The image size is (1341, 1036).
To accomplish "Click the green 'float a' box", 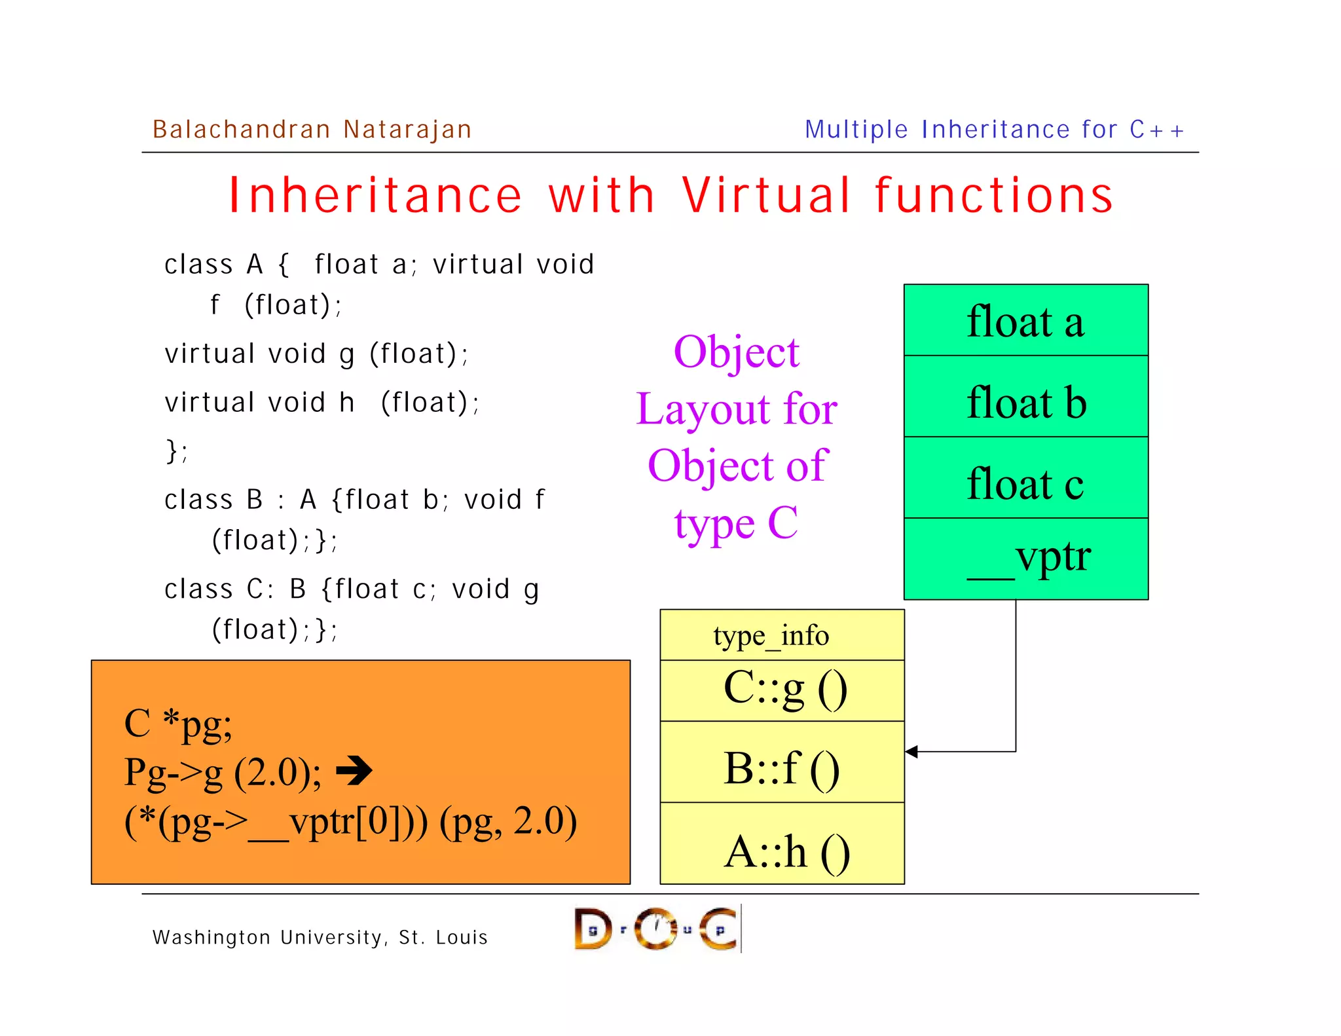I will (1025, 321).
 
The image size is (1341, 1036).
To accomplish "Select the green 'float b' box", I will (1025, 397).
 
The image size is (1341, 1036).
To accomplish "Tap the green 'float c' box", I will (1025, 478).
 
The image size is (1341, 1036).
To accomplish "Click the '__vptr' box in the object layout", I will (1025, 559).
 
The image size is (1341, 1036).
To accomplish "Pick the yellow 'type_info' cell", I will (782, 635).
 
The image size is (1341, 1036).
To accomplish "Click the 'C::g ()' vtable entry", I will (782, 690).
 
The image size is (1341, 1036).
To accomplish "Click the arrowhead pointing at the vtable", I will (912, 752).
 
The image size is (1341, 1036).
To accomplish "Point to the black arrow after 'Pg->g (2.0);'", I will (354, 770).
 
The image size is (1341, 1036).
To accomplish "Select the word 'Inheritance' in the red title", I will (375, 195).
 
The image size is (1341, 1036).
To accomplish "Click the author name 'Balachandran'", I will (241, 129).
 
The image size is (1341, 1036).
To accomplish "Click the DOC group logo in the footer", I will (657, 929).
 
